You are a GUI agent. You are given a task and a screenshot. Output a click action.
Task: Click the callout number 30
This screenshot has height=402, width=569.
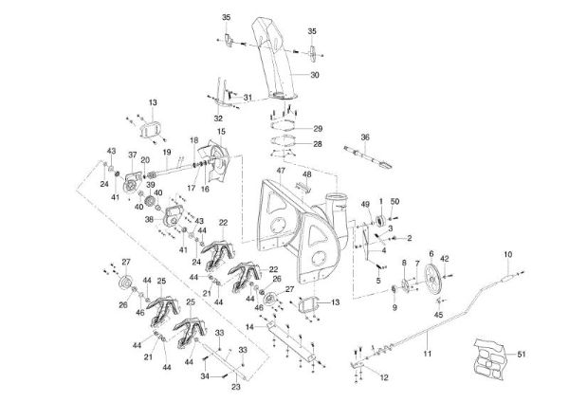315,74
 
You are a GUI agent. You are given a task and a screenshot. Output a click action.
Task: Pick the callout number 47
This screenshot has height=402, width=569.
281,171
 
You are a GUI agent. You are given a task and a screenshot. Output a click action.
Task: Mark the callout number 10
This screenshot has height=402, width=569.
507,253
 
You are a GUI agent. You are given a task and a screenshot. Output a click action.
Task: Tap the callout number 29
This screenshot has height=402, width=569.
318,128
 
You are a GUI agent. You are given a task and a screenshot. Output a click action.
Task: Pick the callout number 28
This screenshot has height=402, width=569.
318,144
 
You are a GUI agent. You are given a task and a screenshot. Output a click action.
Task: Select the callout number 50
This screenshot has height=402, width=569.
395,202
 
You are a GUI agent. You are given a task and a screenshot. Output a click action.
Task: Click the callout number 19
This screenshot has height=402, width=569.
166,153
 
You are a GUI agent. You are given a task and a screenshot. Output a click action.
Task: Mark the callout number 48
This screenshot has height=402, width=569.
307,174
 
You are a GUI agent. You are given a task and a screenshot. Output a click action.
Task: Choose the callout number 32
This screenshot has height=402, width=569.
219,119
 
